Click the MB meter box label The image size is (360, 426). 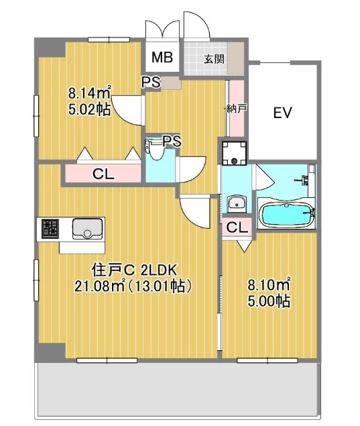pos(162,57)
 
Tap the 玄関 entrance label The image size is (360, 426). pos(215,58)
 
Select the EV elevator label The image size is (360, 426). pos(282,113)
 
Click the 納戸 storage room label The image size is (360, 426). pos(236,109)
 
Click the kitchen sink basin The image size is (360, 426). pos(87,228)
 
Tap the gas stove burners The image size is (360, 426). pos(50,227)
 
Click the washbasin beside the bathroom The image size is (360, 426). pos(237,203)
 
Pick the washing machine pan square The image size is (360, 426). pos(234,153)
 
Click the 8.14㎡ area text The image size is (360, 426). pos(89,93)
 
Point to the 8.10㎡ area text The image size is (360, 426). pos(269,284)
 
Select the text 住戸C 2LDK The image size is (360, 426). pos(134,270)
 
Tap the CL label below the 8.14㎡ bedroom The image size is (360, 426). pos(103,174)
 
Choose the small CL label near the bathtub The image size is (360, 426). pos(237,227)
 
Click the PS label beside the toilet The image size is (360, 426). pos(172,141)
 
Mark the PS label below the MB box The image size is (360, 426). pos(152,82)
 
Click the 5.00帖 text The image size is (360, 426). pos(269,301)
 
